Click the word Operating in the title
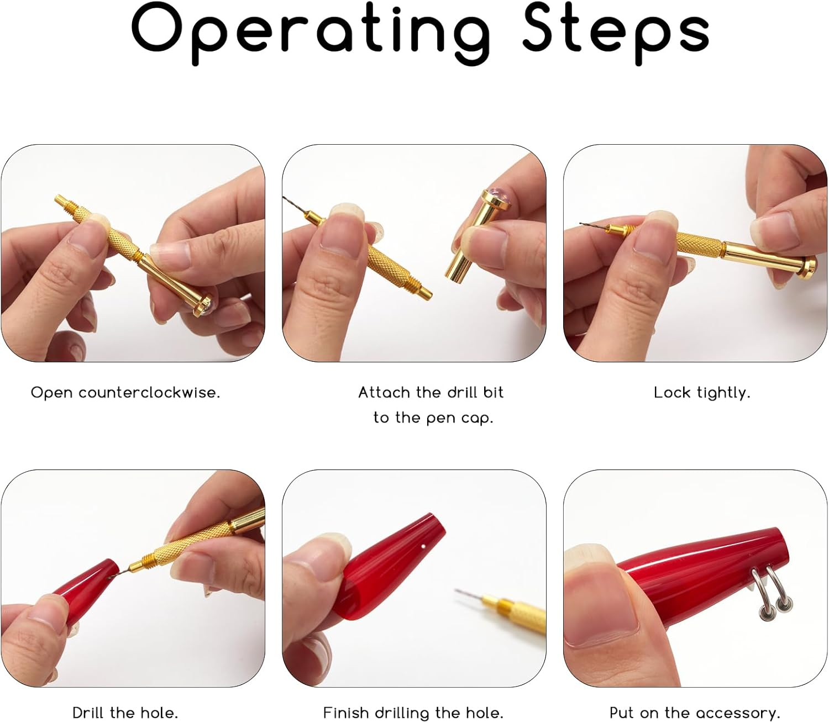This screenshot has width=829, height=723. tap(311, 34)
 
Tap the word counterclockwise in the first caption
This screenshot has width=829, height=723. tap(149, 392)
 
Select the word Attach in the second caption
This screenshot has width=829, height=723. tap(384, 392)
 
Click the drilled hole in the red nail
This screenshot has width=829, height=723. tap(423, 546)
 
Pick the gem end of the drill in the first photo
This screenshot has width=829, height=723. tap(204, 304)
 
